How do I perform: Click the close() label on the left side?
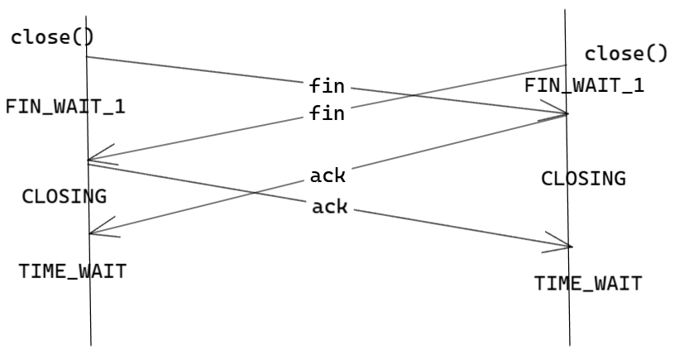[52, 38]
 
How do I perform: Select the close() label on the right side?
[625, 55]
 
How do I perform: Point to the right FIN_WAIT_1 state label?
[584, 85]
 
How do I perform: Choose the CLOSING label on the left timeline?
[64, 196]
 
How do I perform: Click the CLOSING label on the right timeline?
[583, 178]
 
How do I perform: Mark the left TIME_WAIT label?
[73, 271]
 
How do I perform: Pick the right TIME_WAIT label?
[587, 283]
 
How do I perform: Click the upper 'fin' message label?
[327, 85]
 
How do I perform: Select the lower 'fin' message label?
[327, 113]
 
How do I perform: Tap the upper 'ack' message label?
[328, 175]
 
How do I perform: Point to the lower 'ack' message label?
[329, 206]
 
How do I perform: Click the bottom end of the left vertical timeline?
[90, 344]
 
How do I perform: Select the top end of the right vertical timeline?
[566, 11]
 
